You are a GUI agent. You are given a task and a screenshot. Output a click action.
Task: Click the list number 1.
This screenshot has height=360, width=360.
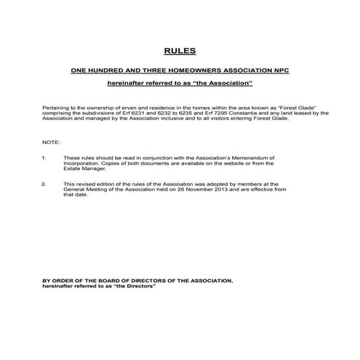[44, 157]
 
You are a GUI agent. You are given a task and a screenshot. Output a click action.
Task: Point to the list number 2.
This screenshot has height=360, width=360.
[44, 184]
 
